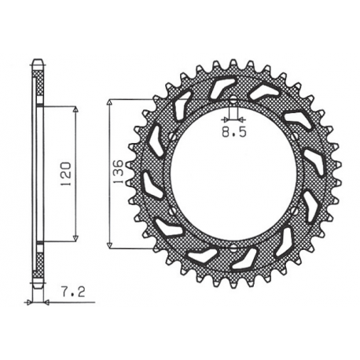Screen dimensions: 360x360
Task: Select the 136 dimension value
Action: [x=117, y=171]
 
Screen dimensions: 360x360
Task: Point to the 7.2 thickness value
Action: [x=64, y=292]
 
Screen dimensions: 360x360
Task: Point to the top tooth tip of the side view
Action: [x=37, y=61]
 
